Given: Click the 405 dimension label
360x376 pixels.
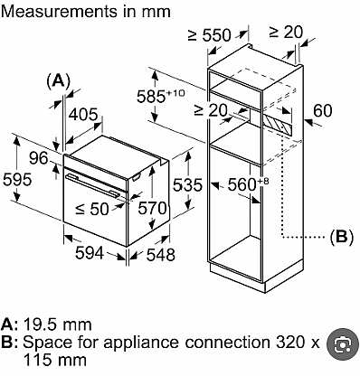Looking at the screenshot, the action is pyautogui.click(x=83, y=115).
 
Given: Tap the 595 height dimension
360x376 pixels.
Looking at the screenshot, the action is pyautogui.click(x=17, y=180).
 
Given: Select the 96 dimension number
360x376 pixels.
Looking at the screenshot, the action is pyautogui.click(x=39, y=158).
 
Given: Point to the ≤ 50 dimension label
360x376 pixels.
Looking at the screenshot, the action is pyautogui.click(x=92, y=209).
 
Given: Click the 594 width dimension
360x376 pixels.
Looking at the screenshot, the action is pyautogui.click(x=90, y=252).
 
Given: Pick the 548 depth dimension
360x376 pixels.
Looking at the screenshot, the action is pyautogui.click(x=161, y=255).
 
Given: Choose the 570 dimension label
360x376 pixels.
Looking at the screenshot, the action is pyautogui.click(x=152, y=208).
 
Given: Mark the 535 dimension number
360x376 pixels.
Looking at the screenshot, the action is pyautogui.click(x=187, y=184).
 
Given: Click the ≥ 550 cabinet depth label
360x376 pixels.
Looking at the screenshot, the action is pyautogui.click(x=210, y=35).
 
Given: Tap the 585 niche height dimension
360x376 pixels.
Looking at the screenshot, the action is pyautogui.click(x=160, y=97).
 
